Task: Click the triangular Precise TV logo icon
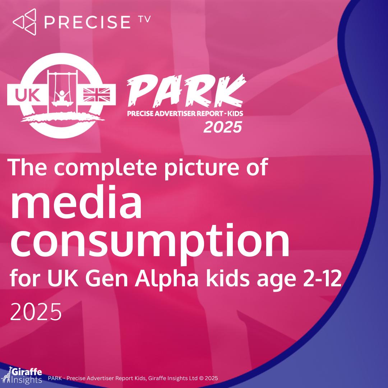point(25,22)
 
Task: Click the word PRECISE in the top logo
point(87,22)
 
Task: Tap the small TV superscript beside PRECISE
point(145,19)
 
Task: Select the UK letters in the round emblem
point(28,95)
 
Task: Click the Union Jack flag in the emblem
point(97,95)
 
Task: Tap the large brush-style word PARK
point(186,91)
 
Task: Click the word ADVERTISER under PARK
point(172,114)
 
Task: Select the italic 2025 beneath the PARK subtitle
point(223,127)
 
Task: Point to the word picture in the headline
point(202,168)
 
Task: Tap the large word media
point(76,202)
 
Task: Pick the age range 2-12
point(322,278)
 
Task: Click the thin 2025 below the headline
point(36,312)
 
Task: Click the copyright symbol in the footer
point(201,378)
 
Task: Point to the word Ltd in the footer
point(193,378)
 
